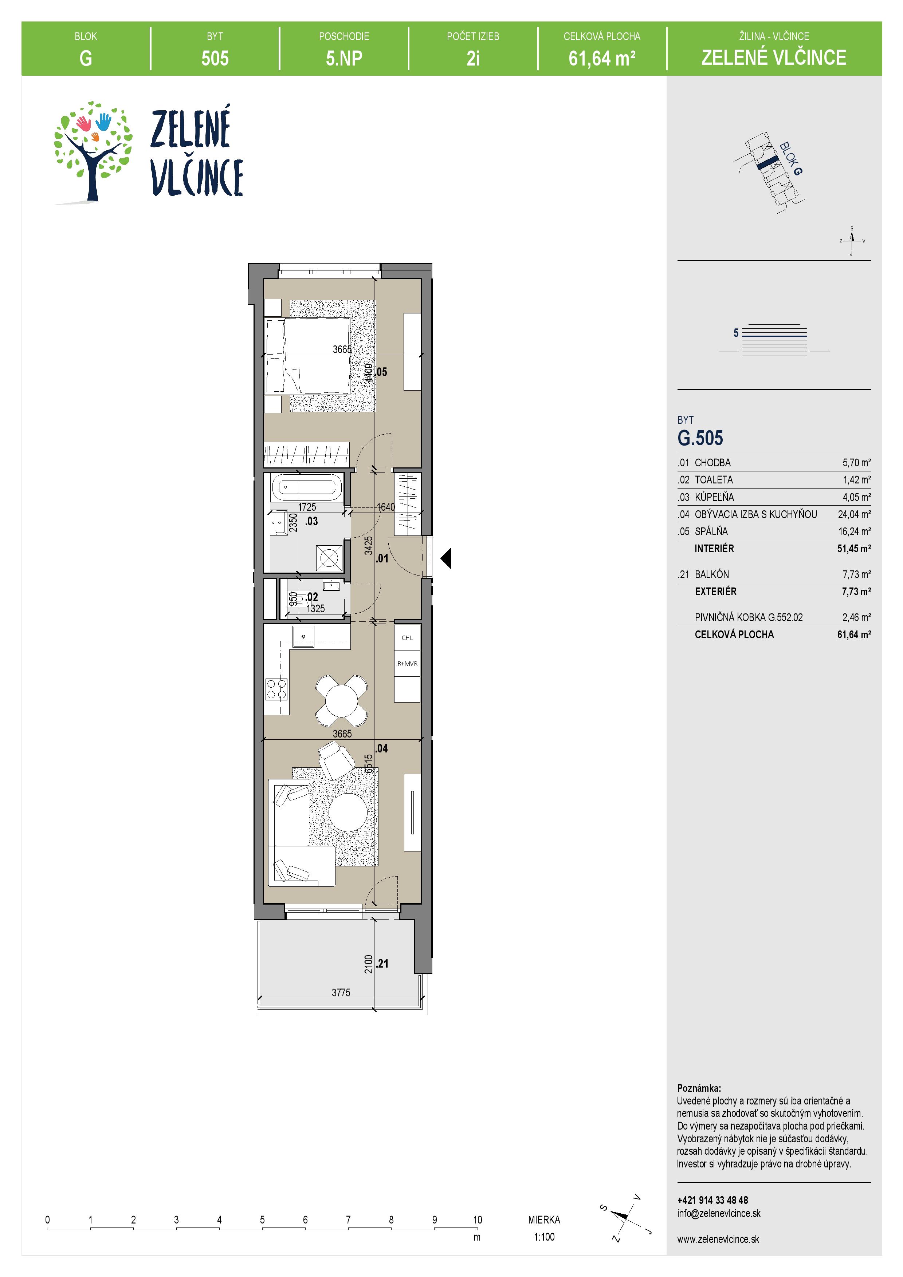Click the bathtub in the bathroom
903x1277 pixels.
coord(304,488)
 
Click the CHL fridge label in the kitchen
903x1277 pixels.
coord(407,638)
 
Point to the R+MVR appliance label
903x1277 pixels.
coord(407,664)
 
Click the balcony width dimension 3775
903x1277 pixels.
coord(341,992)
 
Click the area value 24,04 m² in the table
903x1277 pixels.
coord(854,514)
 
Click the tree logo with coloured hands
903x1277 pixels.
coord(93,151)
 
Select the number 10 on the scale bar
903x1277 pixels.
coord(478,1220)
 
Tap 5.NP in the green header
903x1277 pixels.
coord(344,58)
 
